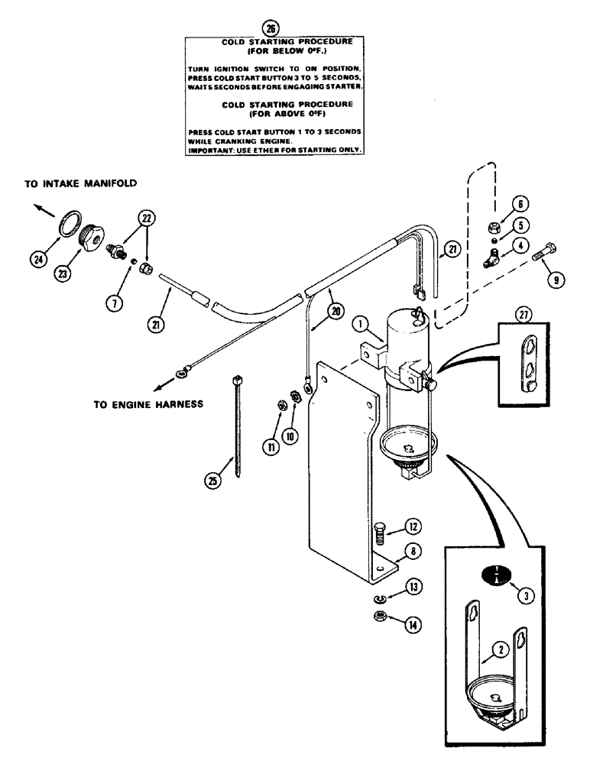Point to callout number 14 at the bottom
pyautogui.click(x=413, y=624)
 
